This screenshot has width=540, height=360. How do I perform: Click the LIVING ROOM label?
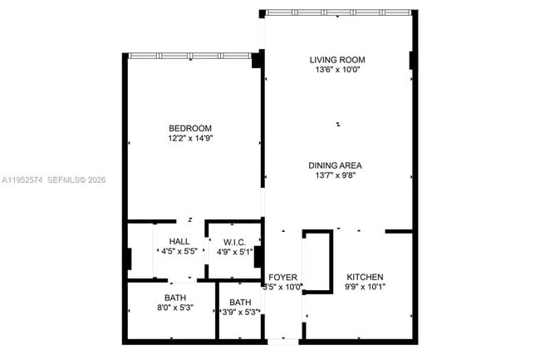pyautogui.click(x=337, y=60)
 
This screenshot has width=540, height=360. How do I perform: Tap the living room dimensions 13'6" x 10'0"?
pyautogui.click(x=337, y=71)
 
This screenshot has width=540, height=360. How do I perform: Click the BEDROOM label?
pyautogui.click(x=191, y=128)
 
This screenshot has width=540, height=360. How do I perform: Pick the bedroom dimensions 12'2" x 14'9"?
pyautogui.click(x=191, y=139)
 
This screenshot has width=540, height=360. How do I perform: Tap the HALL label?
pyautogui.click(x=180, y=241)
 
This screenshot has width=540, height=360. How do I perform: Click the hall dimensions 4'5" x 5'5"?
pyautogui.click(x=180, y=251)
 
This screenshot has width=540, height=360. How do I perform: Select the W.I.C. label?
pyautogui.click(x=233, y=241)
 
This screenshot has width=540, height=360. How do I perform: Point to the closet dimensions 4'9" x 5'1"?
pyautogui.click(x=233, y=251)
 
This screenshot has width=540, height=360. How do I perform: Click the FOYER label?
pyautogui.click(x=282, y=277)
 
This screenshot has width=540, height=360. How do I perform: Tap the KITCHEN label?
pyautogui.click(x=364, y=277)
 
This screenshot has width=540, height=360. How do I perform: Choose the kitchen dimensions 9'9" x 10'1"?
pyautogui.click(x=364, y=288)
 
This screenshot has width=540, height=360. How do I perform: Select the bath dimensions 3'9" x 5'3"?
pyautogui.click(x=240, y=313)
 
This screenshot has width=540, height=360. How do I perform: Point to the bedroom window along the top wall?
pyautogui.click(x=190, y=56)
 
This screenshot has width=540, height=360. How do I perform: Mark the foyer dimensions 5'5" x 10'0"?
pyautogui.click(x=282, y=288)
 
